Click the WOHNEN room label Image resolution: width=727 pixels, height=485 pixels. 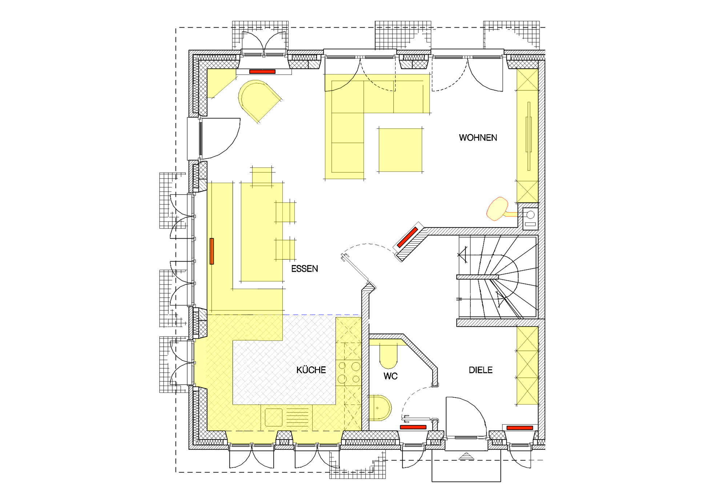(x=478, y=138)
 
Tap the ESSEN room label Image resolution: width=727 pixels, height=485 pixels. (x=305, y=269)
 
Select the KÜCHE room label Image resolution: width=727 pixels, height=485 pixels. (x=311, y=370)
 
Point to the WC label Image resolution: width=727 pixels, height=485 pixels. (x=390, y=376)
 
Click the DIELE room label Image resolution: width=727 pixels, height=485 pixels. (x=481, y=370)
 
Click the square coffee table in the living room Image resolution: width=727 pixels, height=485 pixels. (x=400, y=150)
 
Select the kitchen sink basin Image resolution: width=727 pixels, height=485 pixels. (x=274, y=417)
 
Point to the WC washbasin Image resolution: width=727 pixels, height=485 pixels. (x=380, y=408)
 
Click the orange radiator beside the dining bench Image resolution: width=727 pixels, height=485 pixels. (x=212, y=251)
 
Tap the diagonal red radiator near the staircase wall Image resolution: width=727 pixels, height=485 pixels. (x=407, y=237)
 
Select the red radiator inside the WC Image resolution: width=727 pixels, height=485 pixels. (x=413, y=427)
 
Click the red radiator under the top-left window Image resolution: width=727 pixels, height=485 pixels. (x=262, y=72)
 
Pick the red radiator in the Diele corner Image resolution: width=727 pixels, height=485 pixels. (x=520, y=428)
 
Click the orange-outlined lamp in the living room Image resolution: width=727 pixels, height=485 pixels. (x=497, y=209)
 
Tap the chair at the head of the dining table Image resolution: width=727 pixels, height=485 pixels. (x=262, y=176)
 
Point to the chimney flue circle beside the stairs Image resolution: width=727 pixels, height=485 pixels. (x=530, y=215)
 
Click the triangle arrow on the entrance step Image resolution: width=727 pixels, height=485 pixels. (x=466, y=456)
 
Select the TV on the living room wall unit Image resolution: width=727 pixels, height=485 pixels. (x=529, y=136)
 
